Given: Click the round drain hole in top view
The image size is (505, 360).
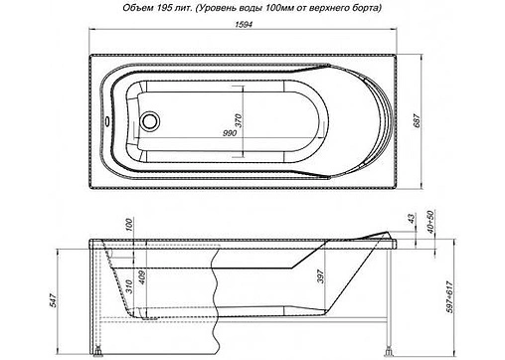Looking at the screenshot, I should click(151, 123).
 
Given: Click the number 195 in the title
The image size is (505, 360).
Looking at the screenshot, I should click(143, 10).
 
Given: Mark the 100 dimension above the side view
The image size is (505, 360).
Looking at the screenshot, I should click(130, 226).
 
